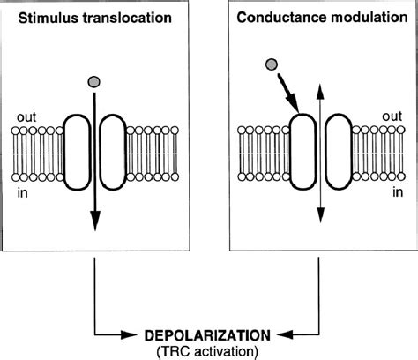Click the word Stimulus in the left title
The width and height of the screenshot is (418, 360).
click(x=49, y=18)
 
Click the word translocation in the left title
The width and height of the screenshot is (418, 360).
click(x=127, y=18)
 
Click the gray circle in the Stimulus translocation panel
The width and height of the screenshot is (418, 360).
click(x=93, y=82)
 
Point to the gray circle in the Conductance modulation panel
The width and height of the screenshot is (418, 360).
click(x=271, y=64)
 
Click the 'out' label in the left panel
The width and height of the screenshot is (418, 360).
click(x=26, y=117)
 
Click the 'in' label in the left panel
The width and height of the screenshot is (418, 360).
click(x=23, y=193)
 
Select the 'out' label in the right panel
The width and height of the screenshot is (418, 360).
click(x=392, y=116)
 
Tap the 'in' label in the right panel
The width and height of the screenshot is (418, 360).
click(x=398, y=192)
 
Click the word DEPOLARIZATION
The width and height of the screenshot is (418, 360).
click(x=207, y=335)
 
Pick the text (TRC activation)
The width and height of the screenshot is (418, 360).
click(x=207, y=351)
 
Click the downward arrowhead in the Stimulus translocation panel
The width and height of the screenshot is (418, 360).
click(x=95, y=221)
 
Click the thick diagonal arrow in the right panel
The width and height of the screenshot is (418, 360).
click(x=288, y=93)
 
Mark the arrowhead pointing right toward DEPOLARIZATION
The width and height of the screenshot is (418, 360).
click(x=129, y=334)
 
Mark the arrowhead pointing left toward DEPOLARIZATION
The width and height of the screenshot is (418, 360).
click(x=285, y=334)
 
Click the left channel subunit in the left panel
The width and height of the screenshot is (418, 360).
click(x=77, y=152)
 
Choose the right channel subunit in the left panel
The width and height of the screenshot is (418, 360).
click(x=113, y=152)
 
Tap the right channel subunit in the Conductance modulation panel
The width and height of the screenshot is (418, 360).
click(x=339, y=151)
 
